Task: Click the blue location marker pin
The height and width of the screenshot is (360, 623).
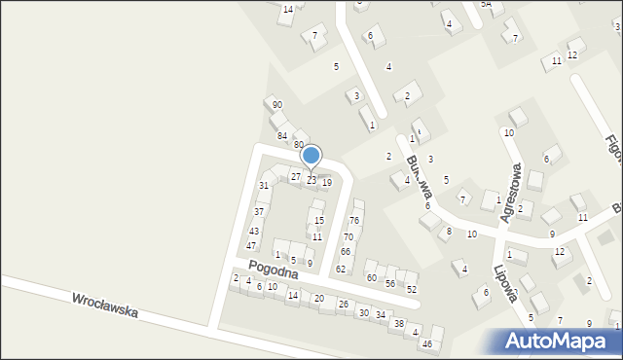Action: [x=311, y=157]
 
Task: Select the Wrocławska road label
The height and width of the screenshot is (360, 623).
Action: [x=104, y=306]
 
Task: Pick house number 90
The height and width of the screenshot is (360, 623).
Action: [x=277, y=105]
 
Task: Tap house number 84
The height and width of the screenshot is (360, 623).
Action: [x=282, y=135]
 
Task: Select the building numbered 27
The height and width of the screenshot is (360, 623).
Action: [x=296, y=176]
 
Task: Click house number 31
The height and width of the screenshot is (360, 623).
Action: [x=263, y=186]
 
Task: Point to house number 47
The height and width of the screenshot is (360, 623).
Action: [x=251, y=246]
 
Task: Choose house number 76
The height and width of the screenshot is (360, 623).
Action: [x=354, y=221]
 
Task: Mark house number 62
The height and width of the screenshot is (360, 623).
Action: [x=341, y=269]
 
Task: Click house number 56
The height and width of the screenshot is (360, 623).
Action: [x=390, y=283]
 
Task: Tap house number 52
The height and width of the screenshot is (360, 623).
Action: [x=412, y=290]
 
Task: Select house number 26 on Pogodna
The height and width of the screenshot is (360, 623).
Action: [x=343, y=305]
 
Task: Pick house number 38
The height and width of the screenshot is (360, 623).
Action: [x=398, y=324]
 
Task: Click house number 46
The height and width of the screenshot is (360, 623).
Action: [x=426, y=344]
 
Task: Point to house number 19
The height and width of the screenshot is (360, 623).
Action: [x=327, y=183]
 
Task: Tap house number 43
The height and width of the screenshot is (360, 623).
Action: [x=254, y=232]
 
